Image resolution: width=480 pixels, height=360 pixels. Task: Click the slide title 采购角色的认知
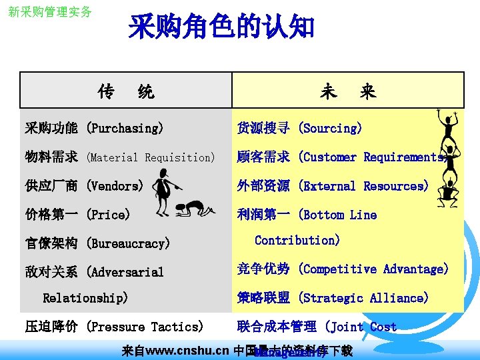tap(221, 27)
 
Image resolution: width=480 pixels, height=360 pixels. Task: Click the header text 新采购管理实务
tap(50, 12)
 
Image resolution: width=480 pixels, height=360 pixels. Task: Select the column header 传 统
tap(125, 91)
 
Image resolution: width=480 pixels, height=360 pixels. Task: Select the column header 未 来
tap(347, 91)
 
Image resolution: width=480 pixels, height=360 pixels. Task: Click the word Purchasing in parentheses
tap(125, 128)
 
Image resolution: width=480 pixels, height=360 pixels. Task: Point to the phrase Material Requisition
tap(151, 158)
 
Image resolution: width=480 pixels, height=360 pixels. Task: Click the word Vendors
tap(115, 186)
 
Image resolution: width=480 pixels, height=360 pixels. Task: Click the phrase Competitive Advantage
tap(373, 269)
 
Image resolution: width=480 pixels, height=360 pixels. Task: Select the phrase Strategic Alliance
tap(363, 298)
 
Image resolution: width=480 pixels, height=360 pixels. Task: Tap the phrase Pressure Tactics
tap(145, 327)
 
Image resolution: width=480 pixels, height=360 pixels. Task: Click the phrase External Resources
tap(363, 186)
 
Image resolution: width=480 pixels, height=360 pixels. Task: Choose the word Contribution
tap(297, 240)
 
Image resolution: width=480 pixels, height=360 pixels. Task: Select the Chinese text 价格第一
tap(51, 215)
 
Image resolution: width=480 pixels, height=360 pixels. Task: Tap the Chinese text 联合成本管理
tap(277, 327)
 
